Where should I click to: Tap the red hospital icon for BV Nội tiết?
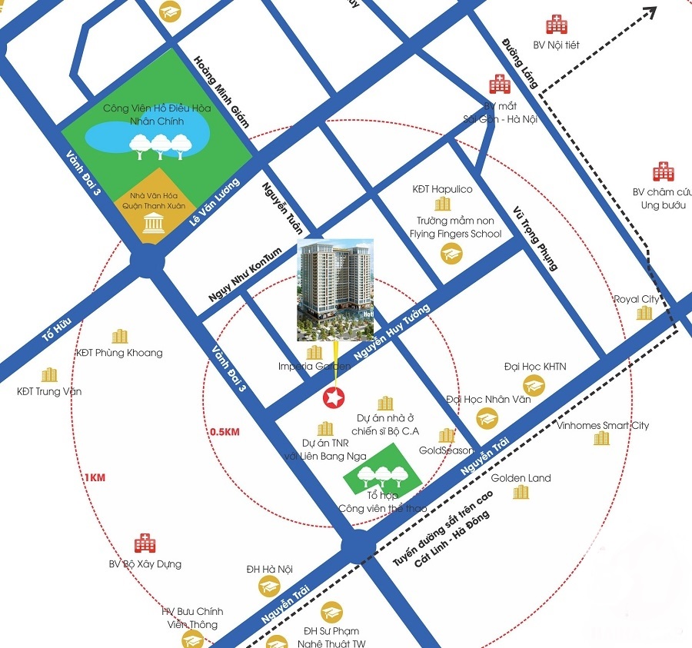[x=556, y=25]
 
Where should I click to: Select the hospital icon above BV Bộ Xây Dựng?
[x=145, y=544]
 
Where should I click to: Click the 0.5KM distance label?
[x=225, y=432]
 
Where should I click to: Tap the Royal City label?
[x=636, y=299]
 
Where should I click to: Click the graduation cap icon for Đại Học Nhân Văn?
[x=487, y=419]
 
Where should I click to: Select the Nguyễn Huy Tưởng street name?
[x=391, y=331]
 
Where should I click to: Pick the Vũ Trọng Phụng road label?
[x=536, y=238]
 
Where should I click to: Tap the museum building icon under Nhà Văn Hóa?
[x=152, y=224]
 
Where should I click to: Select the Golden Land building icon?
[x=521, y=493]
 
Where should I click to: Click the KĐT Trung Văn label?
[x=49, y=391]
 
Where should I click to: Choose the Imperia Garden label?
[x=314, y=367]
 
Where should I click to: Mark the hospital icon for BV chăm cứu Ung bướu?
[x=663, y=172]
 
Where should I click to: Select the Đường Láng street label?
[x=520, y=61]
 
